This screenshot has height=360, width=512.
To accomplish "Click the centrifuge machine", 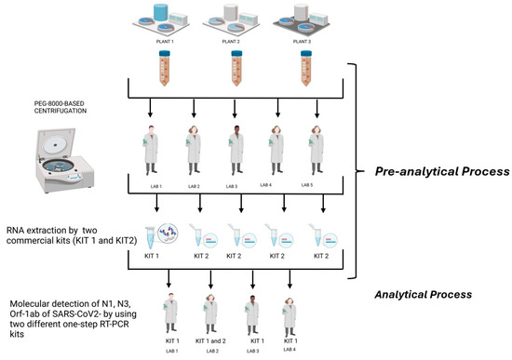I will coord(41,151).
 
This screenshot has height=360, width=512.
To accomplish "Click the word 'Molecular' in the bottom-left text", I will coord(30,303).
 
